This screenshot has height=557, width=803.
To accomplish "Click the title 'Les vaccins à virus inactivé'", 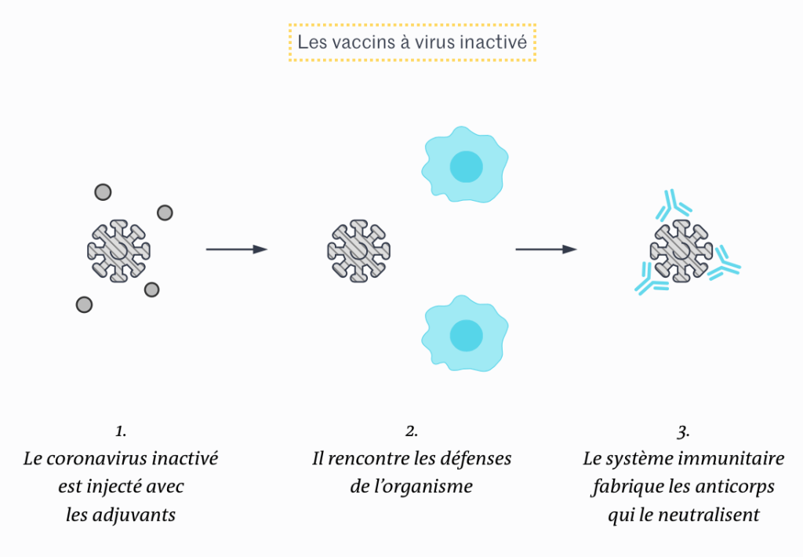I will [412, 42].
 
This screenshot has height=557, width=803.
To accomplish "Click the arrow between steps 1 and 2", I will [236, 249].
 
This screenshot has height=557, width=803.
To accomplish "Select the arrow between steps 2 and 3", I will [546, 249].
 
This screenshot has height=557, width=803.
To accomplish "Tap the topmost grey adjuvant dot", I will [103, 191].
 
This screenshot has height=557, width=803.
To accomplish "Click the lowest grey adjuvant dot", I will [84, 304].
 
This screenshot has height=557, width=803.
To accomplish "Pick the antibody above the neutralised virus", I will [673, 206].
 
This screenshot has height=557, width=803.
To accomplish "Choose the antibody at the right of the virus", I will [724, 264].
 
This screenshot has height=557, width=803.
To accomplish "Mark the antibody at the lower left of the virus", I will [649, 281].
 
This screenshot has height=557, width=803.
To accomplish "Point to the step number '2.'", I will [412, 431].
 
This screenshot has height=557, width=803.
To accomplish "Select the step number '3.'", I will [683, 431].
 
